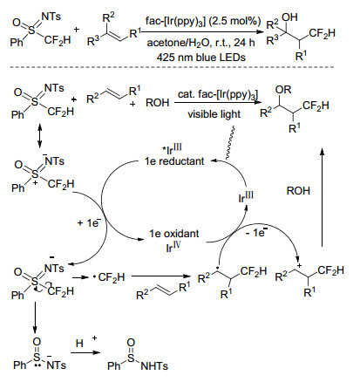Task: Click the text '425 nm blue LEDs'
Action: tap(201, 57)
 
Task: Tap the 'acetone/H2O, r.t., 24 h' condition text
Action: tap(200, 43)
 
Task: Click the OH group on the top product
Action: tap(289, 17)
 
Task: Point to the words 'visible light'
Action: tap(214, 114)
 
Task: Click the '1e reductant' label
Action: tap(174, 160)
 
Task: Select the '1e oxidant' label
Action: tap(174, 233)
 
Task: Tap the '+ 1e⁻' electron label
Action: tap(89, 222)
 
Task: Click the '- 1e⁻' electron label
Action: tap(256, 232)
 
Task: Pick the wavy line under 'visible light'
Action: tap(230, 142)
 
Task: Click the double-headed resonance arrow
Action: tap(40, 136)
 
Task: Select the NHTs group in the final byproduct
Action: tap(154, 366)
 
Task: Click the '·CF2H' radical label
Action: tap(109, 277)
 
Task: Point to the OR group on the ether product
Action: tap(283, 90)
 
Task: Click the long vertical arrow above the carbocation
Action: tap(322, 198)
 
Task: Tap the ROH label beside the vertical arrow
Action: tap(298, 191)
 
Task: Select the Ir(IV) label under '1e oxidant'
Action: tap(173, 247)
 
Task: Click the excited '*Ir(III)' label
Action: tap(173, 148)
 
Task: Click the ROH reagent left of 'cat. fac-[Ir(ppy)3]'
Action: tap(157, 102)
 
